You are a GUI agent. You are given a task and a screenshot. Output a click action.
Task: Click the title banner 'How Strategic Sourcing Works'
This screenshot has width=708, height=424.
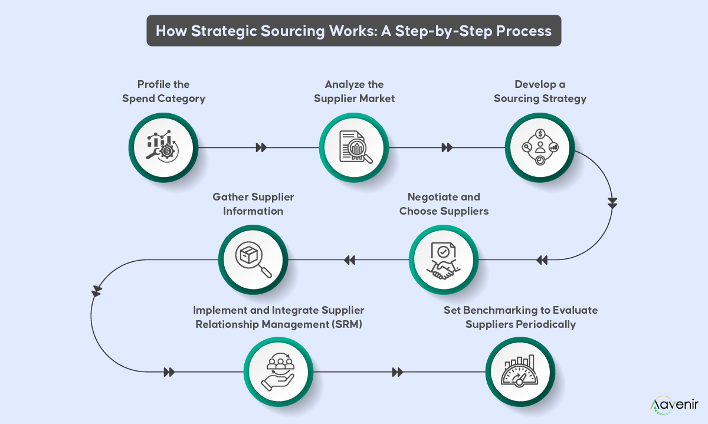tap(353, 31)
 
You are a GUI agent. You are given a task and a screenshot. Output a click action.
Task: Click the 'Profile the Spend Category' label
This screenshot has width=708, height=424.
tap(163, 91)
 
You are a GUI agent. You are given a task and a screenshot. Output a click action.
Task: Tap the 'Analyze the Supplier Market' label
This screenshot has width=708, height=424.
tap(354, 91)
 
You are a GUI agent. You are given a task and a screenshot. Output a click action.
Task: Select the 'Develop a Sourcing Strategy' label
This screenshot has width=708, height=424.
tap(540, 91)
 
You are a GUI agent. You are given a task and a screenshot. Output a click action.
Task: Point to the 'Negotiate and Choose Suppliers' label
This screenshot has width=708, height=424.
tap(444, 204)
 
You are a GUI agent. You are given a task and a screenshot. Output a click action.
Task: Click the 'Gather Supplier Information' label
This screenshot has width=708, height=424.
tap(253, 204)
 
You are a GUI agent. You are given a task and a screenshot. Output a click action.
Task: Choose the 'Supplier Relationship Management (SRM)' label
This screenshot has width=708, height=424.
tap(279, 317)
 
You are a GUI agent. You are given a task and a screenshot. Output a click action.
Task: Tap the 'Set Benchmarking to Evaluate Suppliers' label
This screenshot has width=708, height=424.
tap(520, 317)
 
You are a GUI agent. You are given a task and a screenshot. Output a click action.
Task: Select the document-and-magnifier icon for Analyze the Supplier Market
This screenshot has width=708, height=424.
tap(354, 147)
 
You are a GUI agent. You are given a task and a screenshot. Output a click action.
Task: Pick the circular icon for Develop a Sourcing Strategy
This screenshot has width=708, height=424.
tap(540, 147)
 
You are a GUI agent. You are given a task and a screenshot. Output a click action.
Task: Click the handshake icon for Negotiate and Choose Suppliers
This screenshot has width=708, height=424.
tap(444, 259)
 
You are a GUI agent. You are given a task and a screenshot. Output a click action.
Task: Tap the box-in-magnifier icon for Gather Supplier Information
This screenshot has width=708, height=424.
tap(253, 259)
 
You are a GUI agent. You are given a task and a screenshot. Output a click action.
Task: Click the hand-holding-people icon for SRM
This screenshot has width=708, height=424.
tap(279, 372)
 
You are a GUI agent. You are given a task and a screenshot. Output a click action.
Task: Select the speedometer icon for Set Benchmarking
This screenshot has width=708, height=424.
tap(520, 372)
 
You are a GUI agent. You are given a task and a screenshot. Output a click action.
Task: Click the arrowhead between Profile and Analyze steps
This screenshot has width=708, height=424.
tap(261, 147)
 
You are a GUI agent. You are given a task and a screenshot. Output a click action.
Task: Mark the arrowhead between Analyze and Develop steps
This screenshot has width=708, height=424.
tap(447, 147)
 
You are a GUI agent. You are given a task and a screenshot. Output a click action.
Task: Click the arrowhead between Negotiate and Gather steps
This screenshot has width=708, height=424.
tap(349, 260)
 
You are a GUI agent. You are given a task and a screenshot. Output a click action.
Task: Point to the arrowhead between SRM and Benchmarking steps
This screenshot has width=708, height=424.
tap(398, 372)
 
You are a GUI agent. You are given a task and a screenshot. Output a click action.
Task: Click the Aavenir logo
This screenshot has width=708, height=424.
tap(674, 405)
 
